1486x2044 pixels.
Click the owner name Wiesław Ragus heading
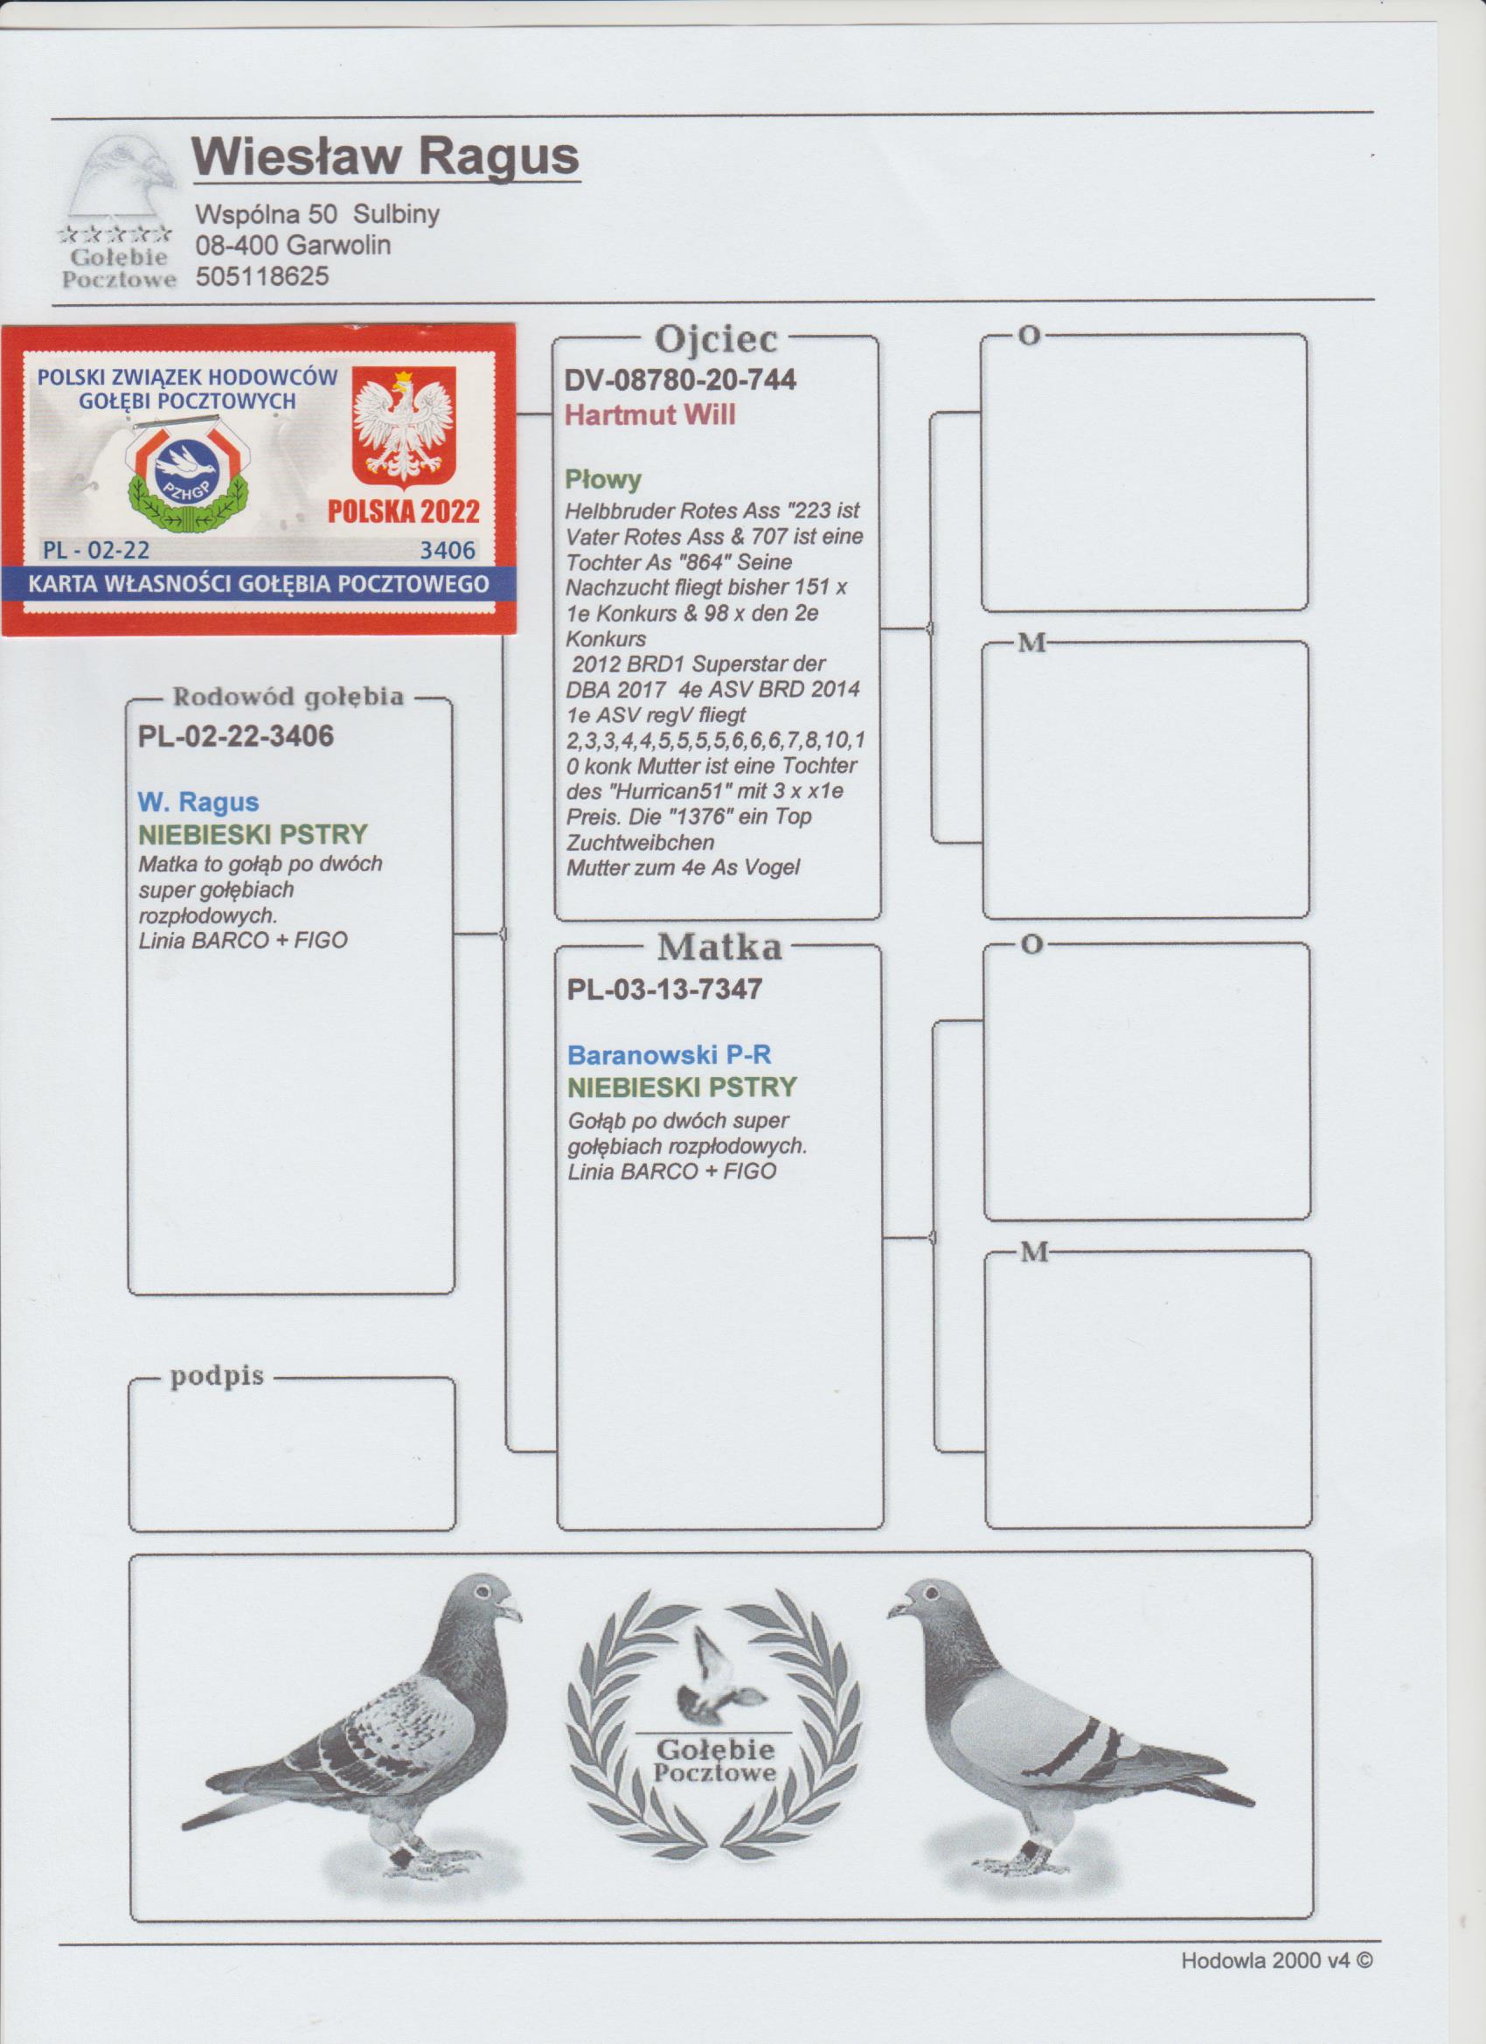coord(385,156)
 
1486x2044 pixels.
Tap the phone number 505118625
coord(262,276)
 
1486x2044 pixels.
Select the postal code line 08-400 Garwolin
coord(293,245)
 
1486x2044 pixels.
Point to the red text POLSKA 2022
coord(404,512)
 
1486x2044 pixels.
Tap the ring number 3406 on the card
coord(448,550)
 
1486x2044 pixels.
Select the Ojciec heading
coord(717,339)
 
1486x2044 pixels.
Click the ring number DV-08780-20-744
coord(680,380)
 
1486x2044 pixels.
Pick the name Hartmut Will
coord(649,414)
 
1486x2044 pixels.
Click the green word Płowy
coord(603,479)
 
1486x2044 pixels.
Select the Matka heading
coord(719,947)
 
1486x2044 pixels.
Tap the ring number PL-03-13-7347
coord(665,989)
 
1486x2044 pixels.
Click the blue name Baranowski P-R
coord(670,1054)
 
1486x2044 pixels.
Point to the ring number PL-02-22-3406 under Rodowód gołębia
coord(236,736)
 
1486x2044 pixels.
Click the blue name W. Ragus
coord(198,802)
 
